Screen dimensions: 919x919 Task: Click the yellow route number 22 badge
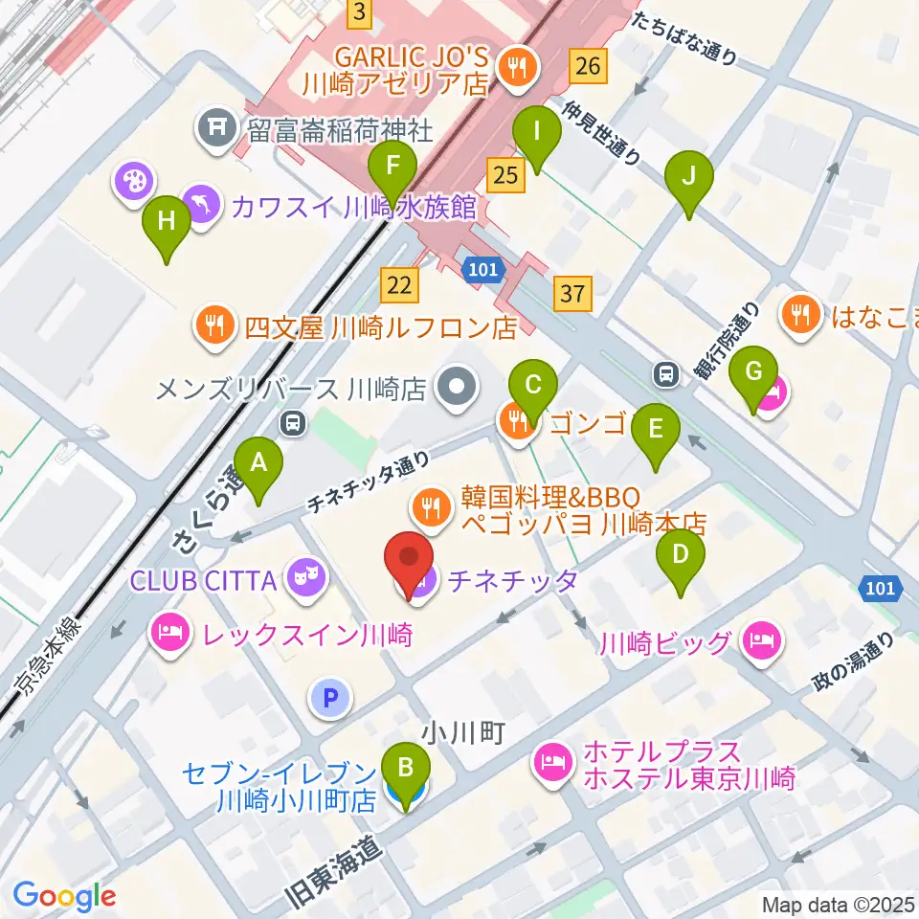tap(400, 283)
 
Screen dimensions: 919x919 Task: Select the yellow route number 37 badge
tap(572, 293)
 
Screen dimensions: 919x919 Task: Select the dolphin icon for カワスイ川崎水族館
tap(203, 203)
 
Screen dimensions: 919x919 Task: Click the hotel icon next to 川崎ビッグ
tap(763, 639)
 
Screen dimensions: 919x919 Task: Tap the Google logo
tap(64, 896)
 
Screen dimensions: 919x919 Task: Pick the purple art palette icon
tap(132, 180)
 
